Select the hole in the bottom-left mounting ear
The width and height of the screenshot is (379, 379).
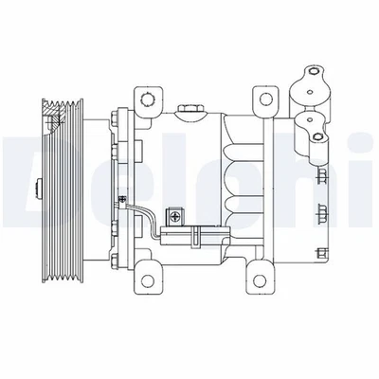[x=148, y=276]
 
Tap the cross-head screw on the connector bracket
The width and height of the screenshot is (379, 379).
[x=176, y=217]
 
